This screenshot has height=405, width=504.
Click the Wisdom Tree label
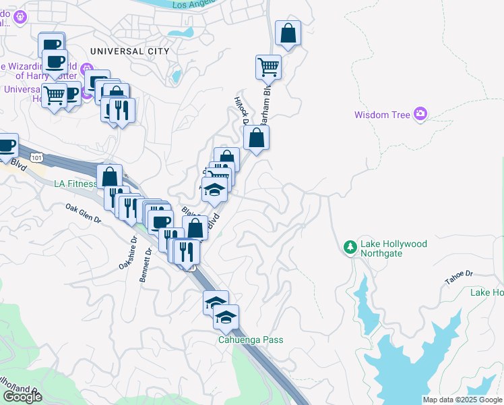point(382,115)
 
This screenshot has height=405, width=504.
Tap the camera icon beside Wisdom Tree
point(421,113)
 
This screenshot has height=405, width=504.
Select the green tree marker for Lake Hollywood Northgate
point(350,248)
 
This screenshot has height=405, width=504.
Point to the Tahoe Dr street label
point(459,274)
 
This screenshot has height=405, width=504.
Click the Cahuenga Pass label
point(251,340)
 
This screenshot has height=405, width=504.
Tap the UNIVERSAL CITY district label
point(129,51)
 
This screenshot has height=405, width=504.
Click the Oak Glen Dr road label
point(83,213)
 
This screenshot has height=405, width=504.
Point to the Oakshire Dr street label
point(128,253)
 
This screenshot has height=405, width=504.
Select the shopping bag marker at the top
point(288,33)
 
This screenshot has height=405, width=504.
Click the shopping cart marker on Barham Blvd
point(268,67)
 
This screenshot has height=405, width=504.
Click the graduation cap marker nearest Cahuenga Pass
point(226,315)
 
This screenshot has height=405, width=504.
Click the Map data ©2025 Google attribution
point(463,400)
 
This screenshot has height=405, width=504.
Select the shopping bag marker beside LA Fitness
point(110,177)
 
